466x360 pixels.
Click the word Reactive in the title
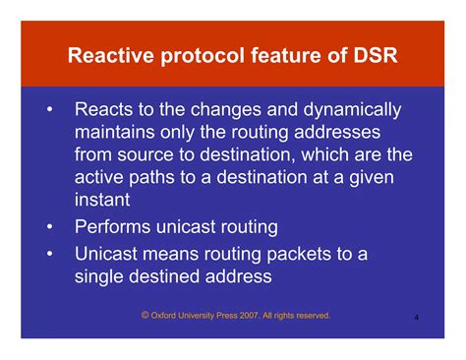coord(108,56)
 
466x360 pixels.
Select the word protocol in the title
coord(196,56)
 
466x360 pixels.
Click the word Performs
coord(117,228)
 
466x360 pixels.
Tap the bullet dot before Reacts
coord(48,108)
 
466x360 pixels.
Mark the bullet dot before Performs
coord(48,228)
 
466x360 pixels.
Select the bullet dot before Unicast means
coord(48,254)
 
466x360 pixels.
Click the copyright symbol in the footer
coord(145,315)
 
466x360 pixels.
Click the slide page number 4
coord(417,319)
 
